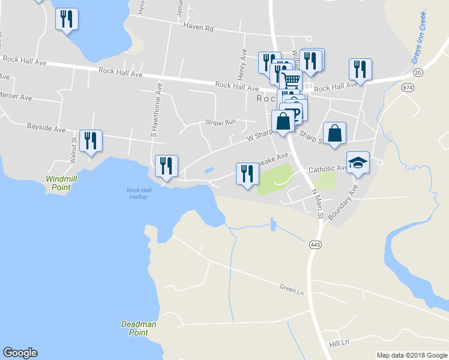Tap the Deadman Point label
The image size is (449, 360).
click(139, 328)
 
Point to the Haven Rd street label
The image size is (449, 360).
click(199, 28)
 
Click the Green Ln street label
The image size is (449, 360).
click(292, 289)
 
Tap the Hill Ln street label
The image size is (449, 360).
click(339, 343)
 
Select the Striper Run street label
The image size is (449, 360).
click(221, 122)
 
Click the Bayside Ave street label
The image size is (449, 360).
click(46, 128)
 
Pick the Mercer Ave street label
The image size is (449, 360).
click(16, 97)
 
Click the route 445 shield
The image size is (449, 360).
click(315, 245)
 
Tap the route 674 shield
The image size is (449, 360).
click(408, 88)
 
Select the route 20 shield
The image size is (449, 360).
click(418, 73)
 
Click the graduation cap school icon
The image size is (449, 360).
click(358, 163)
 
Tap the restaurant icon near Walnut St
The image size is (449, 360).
click(91, 141)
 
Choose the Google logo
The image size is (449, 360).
click(20, 353)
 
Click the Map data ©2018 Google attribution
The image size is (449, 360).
click(412, 355)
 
